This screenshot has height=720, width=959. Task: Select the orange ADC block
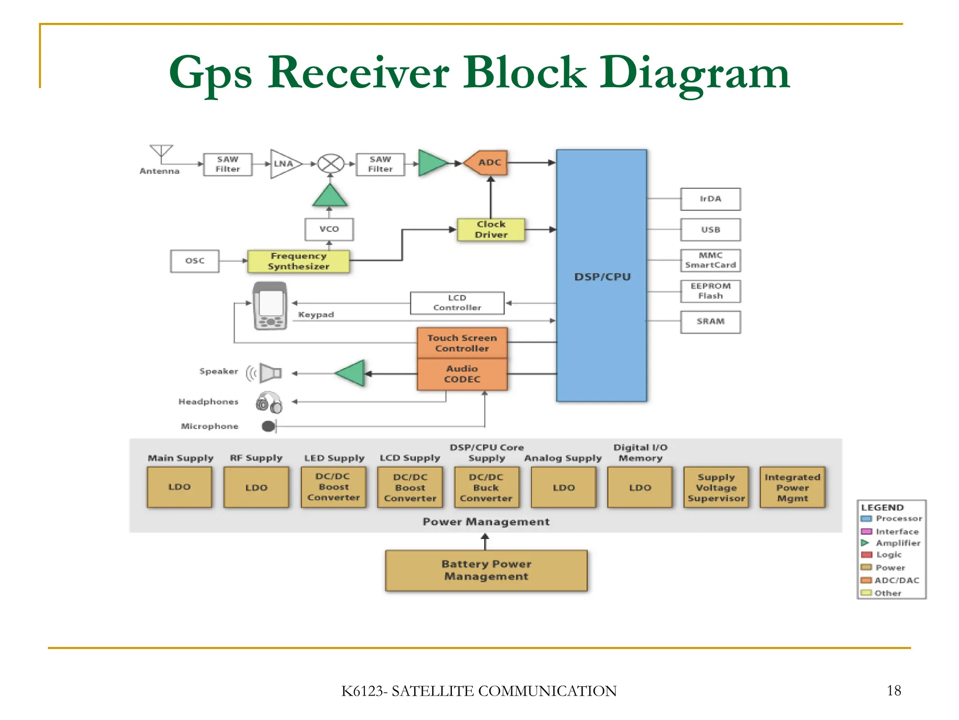pyautogui.click(x=487, y=163)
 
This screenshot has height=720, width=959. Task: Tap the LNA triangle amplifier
pyautogui.click(x=284, y=164)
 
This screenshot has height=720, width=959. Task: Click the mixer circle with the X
pyautogui.click(x=331, y=164)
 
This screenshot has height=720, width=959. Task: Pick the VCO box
pyautogui.click(x=329, y=229)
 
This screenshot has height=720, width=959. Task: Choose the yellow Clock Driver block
pyautogui.click(x=491, y=230)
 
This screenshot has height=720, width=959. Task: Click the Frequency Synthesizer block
pyautogui.click(x=298, y=261)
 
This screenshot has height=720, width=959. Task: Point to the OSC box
pyautogui.click(x=195, y=261)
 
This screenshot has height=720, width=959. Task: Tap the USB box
pyautogui.click(x=710, y=230)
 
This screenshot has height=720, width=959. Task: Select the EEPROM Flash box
pyautogui.click(x=710, y=291)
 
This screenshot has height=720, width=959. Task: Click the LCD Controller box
pyautogui.click(x=457, y=303)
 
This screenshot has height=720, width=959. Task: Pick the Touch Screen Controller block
pyautogui.click(x=462, y=343)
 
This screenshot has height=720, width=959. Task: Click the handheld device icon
pyautogui.click(x=270, y=306)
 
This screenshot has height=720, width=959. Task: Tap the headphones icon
pyautogui.click(x=269, y=402)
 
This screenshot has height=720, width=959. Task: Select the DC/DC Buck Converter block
pyautogui.click(x=486, y=487)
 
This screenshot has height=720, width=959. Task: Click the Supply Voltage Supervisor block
pyautogui.click(x=716, y=487)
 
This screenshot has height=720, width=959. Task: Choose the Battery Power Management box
pyautogui.click(x=486, y=570)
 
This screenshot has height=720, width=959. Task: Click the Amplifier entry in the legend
pyautogui.click(x=897, y=543)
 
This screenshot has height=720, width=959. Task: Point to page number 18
pyautogui.click(x=893, y=690)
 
